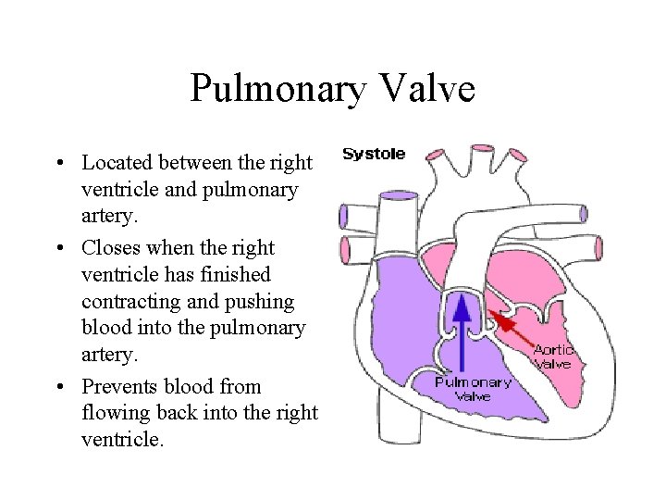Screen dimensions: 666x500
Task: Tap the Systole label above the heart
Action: [x=374, y=154]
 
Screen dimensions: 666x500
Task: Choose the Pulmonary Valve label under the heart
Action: [x=474, y=389]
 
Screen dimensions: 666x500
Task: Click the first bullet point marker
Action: [x=60, y=164]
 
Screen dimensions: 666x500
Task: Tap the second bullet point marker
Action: [x=60, y=248]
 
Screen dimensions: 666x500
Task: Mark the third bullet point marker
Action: [x=60, y=386]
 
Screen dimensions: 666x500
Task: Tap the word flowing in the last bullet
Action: [x=112, y=414]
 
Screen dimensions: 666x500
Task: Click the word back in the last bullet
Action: [x=167, y=414]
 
